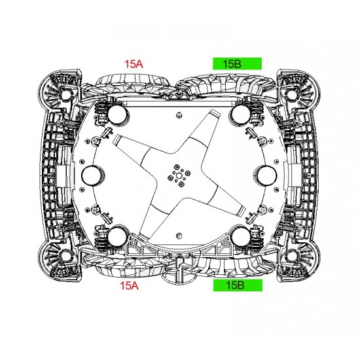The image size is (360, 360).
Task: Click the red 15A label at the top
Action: point(134,64)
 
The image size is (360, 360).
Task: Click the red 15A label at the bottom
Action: point(129,285)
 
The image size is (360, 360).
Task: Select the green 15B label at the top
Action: point(237,63)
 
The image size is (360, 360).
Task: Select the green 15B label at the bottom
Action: point(238,285)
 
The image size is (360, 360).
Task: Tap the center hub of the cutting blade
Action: point(179,176)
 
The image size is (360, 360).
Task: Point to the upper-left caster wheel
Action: point(65,94)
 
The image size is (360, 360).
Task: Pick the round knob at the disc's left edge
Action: point(92,175)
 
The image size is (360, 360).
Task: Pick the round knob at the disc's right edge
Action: point(266,175)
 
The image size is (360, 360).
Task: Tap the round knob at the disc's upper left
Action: point(118,115)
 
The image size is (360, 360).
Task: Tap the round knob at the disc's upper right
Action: point(241,115)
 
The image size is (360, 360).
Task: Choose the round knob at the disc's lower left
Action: point(118,237)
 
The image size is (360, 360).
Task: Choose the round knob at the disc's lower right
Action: point(241,237)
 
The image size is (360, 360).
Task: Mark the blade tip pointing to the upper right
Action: point(214,113)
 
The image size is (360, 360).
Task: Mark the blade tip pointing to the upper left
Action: point(116,139)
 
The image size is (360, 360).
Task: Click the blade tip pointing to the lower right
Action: point(242,211)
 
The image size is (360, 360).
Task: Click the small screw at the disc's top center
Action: point(179,115)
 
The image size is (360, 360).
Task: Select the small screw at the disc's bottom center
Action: point(179,236)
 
